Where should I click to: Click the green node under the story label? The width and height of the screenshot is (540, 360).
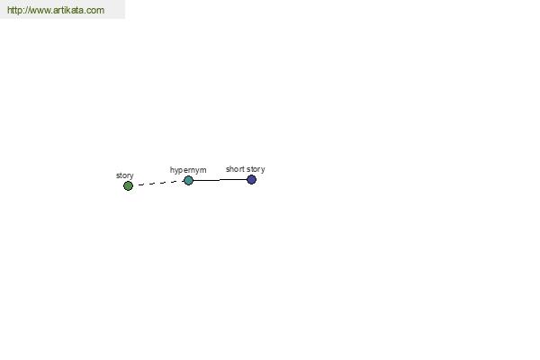128,186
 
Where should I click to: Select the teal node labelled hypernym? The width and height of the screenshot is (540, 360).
188,180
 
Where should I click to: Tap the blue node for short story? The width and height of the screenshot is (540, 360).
251,179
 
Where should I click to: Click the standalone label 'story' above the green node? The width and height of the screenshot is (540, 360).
125,175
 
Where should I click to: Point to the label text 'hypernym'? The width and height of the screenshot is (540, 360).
188,170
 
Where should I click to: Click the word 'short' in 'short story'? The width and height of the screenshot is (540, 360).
235,169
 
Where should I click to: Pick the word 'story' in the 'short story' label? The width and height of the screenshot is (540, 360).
256,169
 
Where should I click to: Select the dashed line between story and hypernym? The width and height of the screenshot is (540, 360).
161,183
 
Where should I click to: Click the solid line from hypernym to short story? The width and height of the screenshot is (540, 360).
220,180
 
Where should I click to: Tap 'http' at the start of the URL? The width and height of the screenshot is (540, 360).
14,10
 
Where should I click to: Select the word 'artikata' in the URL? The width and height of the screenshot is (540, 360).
67,10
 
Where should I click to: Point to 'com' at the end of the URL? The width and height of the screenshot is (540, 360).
95,10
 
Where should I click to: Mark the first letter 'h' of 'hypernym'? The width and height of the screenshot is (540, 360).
172,169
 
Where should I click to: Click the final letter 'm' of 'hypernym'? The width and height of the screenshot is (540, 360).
203,170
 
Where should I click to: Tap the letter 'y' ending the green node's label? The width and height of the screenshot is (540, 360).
131,176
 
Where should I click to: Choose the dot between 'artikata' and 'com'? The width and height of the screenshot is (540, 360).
85,13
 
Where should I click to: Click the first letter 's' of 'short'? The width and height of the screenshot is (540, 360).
228,169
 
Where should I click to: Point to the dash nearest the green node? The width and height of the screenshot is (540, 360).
141,185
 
